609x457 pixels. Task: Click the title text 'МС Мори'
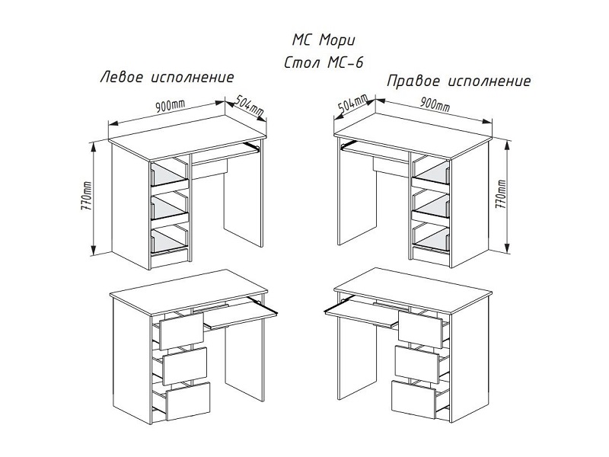click(324, 40)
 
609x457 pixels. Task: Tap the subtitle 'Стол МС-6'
click(324, 62)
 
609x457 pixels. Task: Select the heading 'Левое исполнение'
click(167, 77)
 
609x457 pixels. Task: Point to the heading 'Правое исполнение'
click(459, 81)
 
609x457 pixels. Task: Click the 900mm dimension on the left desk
click(170, 105)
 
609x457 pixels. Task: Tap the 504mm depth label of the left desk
click(250, 105)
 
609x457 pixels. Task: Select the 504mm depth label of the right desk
click(352, 105)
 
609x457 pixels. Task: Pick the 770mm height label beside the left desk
click(86, 197)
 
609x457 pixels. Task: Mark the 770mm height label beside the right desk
click(501, 194)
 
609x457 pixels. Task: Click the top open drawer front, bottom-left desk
click(181, 331)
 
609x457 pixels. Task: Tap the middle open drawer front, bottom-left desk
click(185, 366)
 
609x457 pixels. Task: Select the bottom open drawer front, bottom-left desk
click(188, 401)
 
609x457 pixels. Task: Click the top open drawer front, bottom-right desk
click(420, 330)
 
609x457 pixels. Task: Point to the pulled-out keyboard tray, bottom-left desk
click(241, 314)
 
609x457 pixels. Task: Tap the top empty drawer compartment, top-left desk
click(169, 174)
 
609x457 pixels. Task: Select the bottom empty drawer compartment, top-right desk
click(431, 237)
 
